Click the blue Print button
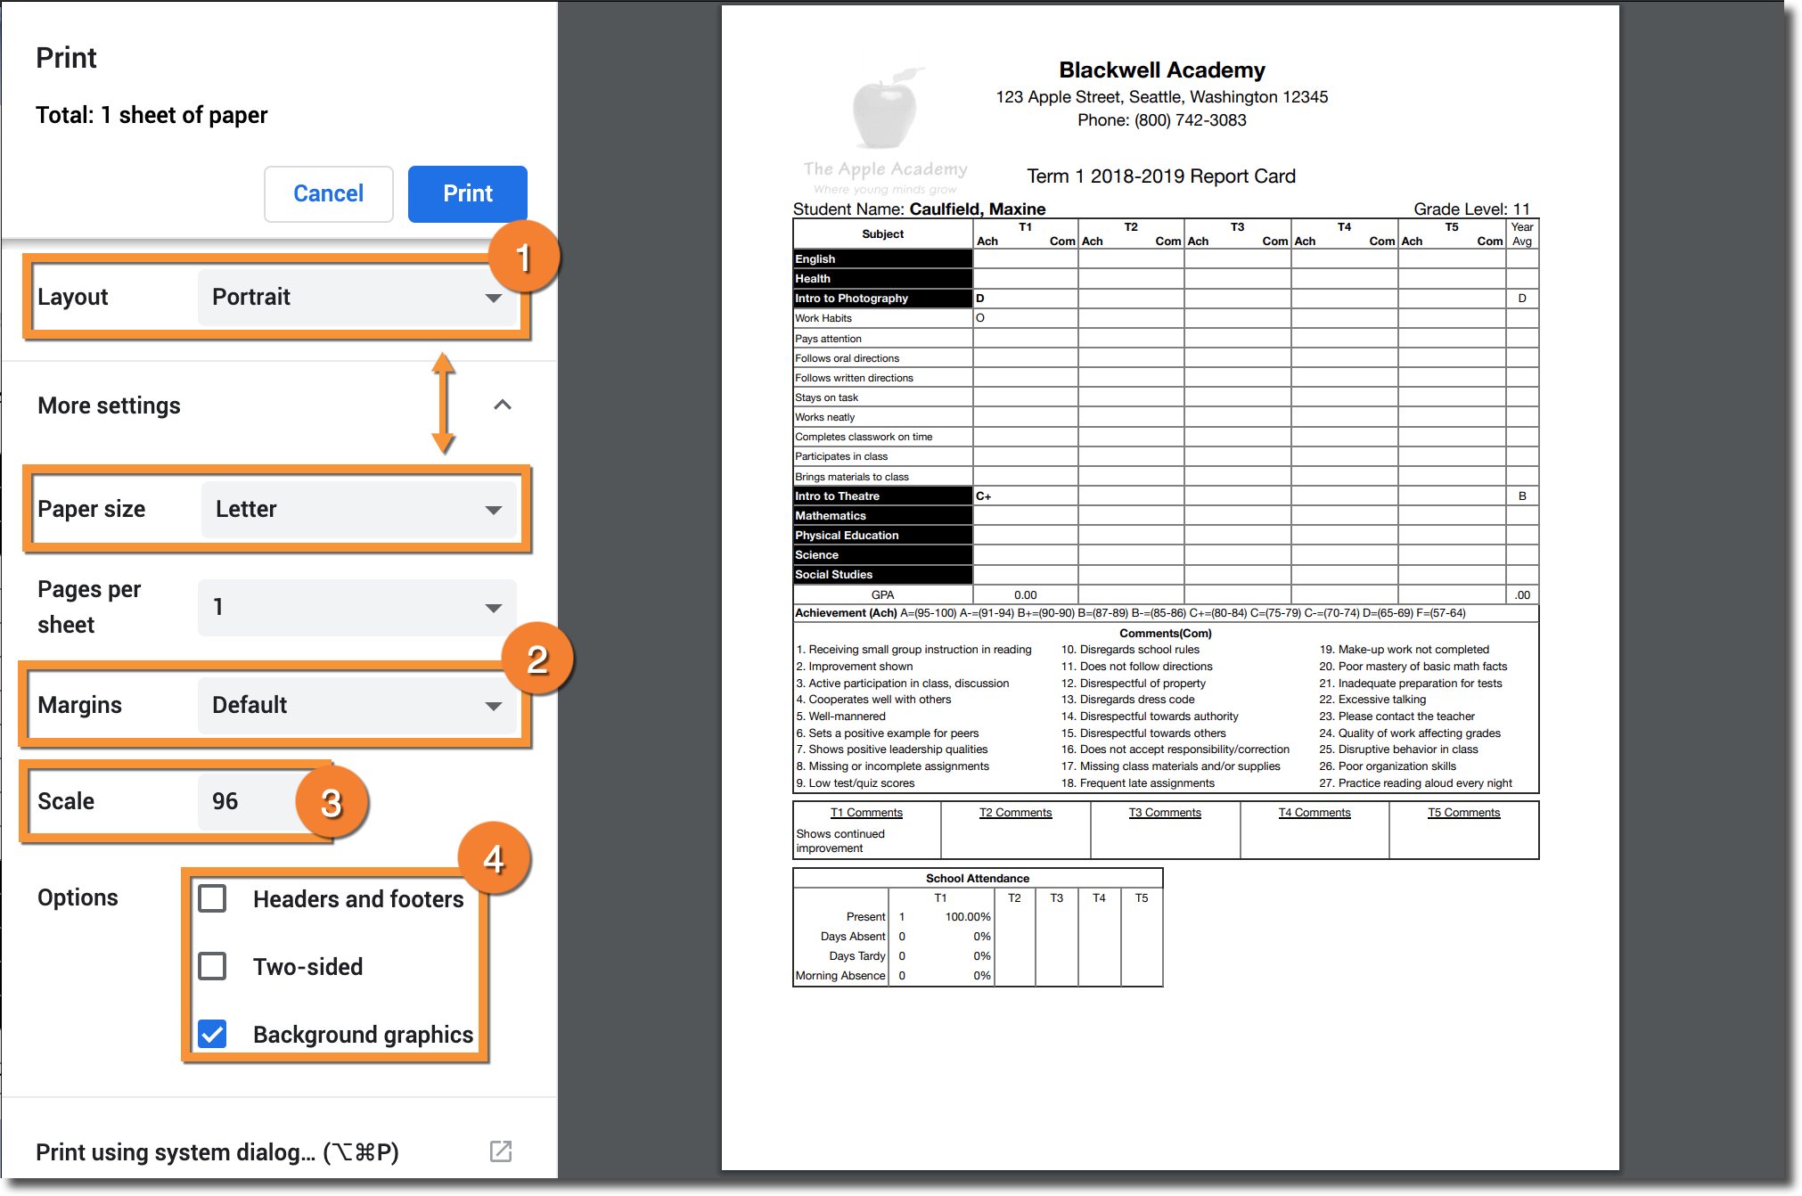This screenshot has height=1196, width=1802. point(467,193)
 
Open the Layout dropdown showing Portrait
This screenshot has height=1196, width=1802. point(356,297)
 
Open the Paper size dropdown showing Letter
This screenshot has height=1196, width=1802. point(358,509)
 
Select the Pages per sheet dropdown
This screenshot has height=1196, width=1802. point(356,607)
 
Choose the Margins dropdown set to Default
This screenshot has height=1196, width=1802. point(356,705)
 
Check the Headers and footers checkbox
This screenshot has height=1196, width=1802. point(212,898)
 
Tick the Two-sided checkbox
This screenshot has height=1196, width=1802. point(212,966)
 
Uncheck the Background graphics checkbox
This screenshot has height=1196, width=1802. point(212,1034)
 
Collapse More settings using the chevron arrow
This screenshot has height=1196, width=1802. point(503,405)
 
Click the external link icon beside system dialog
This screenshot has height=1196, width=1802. point(501,1151)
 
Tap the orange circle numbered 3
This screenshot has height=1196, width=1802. point(332,803)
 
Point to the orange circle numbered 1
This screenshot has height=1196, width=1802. point(524,258)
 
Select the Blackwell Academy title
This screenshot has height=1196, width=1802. point(1161,70)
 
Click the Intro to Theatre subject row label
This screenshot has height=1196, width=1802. point(837,496)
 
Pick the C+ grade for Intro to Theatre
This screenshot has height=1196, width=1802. point(984,496)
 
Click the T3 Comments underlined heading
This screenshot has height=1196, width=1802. point(1165,813)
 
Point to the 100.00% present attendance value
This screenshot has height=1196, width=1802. point(968,917)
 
